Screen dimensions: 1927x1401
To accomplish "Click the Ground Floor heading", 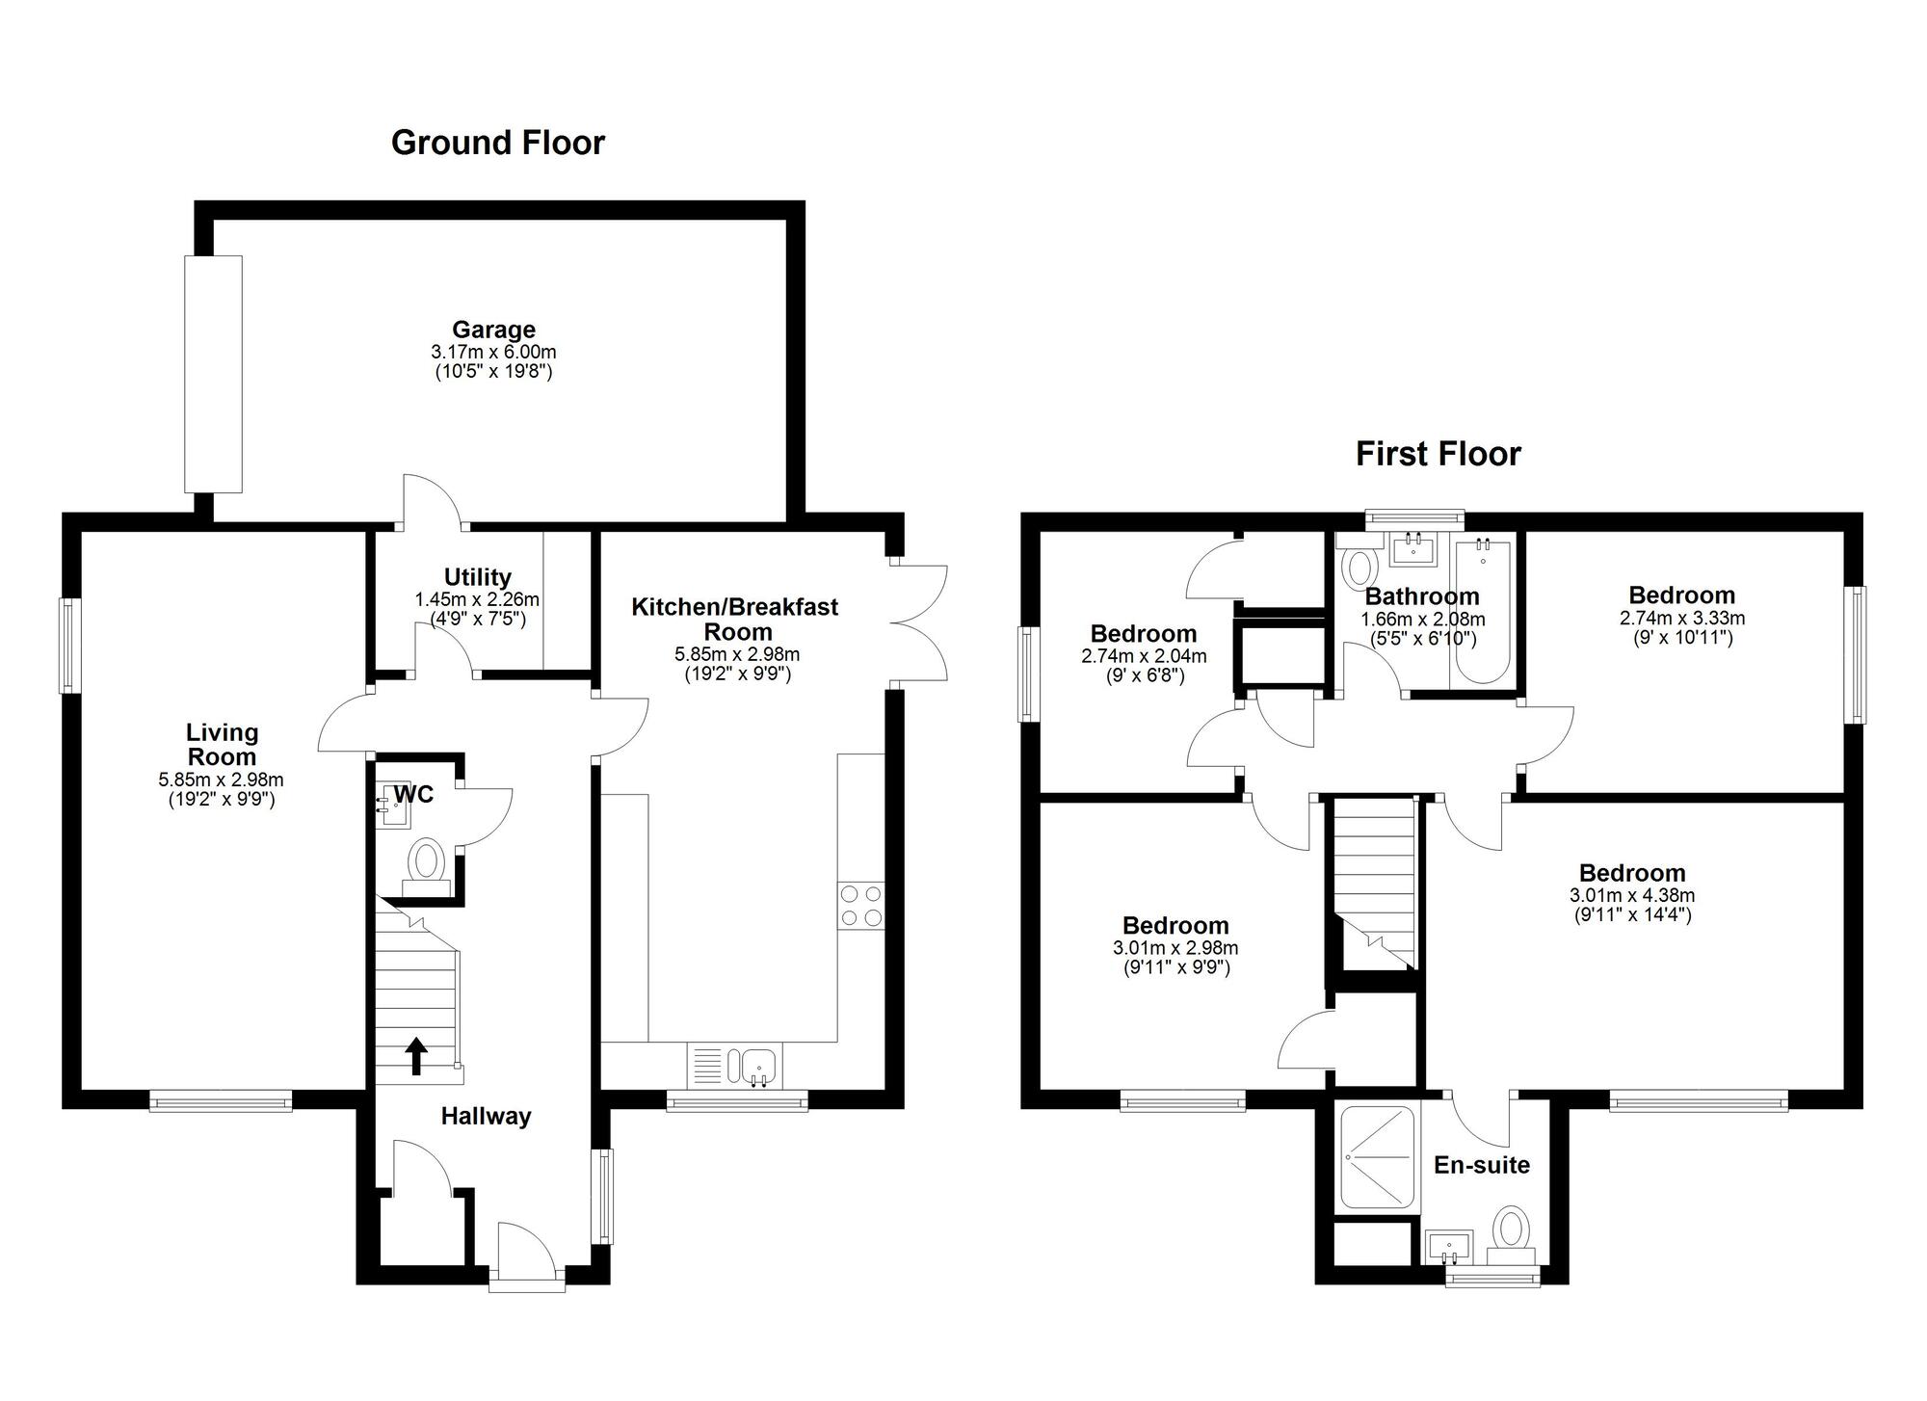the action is (x=498, y=143).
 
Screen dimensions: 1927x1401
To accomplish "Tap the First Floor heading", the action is (x=1438, y=454).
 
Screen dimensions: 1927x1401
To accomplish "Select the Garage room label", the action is (x=493, y=330).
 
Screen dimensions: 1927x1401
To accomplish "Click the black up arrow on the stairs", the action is (x=416, y=1055).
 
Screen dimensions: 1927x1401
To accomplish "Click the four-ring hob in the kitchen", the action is (x=861, y=906).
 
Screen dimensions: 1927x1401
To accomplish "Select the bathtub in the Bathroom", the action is (x=1482, y=611).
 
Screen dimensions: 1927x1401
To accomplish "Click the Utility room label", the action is (x=477, y=577).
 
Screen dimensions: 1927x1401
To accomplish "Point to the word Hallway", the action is (x=486, y=1117).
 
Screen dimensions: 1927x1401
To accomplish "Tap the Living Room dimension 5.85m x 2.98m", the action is (x=222, y=780).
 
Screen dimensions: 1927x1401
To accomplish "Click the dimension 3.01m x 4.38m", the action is (x=1632, y=895).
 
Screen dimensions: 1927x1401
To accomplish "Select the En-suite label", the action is (x=1482, y=1165).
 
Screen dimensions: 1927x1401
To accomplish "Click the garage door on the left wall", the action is (x=214, y=374).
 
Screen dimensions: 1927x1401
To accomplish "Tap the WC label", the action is (x=413, y=794).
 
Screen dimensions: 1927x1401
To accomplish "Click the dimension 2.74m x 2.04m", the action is (x=1144, y=656).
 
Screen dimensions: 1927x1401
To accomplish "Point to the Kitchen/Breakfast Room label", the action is (x=735, y=619).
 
